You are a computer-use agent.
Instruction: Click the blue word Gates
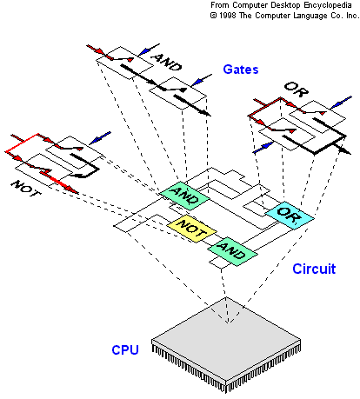coord(241,70)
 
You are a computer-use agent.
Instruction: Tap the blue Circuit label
coord(314,269)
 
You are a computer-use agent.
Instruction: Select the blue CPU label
coord(125,350)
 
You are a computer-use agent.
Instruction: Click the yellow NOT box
coord(191,228)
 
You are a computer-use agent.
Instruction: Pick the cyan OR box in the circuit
coord(290,215)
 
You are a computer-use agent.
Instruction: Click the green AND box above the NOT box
coord(184,196)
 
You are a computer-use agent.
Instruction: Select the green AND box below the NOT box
coord(232,251)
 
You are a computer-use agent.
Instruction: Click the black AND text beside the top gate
coord(167,63)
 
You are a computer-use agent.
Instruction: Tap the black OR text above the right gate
coord(297,89)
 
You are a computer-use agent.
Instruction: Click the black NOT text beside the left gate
coord(26,189)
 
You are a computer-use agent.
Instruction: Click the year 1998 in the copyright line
coord(228,16)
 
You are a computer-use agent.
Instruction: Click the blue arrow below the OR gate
coord(263,148)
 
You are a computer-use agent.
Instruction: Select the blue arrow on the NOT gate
coord(100,138)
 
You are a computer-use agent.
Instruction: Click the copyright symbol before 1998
coord(214,16)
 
